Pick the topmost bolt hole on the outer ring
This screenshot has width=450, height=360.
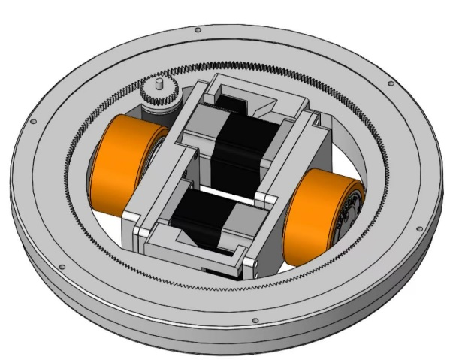(198, 30)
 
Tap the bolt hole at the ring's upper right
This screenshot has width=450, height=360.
(390, 84)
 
